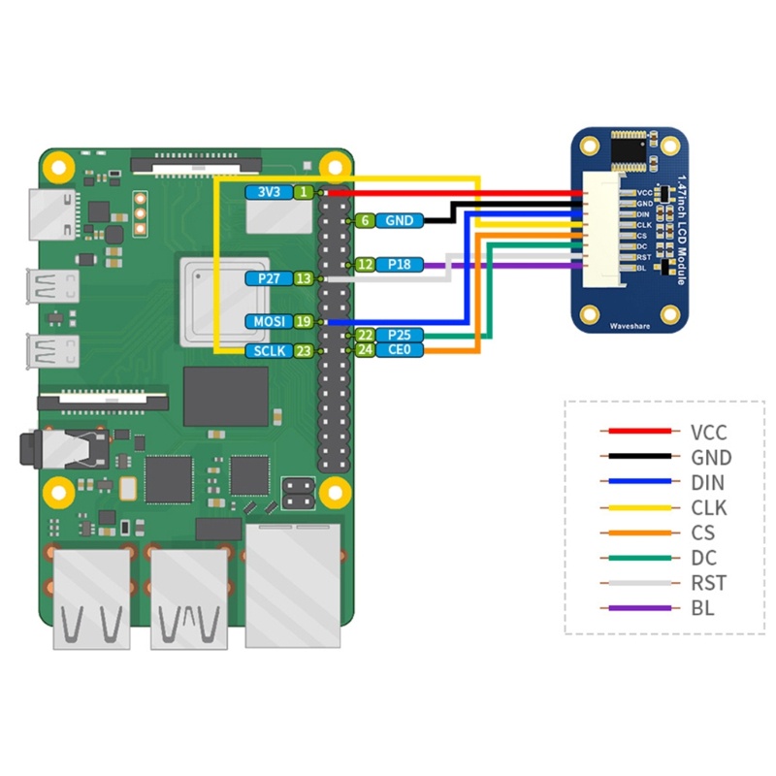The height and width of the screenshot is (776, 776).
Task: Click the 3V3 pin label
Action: (269, 193)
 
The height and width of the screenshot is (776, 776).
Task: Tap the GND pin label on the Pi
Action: (399, 221)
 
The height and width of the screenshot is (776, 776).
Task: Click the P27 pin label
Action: (269, 278)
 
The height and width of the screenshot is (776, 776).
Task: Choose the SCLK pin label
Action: (268, 351)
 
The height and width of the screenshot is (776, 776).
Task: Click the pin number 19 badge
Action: (304, 321)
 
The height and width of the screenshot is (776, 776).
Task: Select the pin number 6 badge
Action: (365, 221)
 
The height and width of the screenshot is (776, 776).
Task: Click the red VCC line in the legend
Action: (637, 432)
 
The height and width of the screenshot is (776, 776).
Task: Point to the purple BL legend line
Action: (637, 608)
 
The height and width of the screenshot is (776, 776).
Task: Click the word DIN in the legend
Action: (708, 482)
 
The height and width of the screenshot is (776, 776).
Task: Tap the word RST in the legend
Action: (708, 583)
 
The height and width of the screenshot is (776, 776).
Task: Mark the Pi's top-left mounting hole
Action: (57, 164)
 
